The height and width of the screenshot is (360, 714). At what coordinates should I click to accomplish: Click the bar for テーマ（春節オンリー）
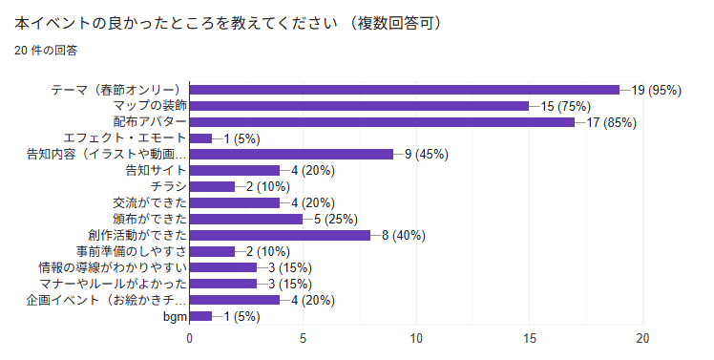405,90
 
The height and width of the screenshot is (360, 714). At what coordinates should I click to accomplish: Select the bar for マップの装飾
359,106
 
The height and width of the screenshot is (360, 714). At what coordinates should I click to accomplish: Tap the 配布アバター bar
382,122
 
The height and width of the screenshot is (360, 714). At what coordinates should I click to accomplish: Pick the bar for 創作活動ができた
280,235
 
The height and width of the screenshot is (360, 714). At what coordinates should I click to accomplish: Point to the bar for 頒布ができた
246,219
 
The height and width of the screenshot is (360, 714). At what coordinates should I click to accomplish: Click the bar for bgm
200,316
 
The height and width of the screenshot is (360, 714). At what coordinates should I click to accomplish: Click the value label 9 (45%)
422,154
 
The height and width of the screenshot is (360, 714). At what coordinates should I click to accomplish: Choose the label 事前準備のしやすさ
130,251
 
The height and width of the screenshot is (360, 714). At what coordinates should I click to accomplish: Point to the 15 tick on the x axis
530,338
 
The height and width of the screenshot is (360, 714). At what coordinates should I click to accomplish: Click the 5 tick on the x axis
304,338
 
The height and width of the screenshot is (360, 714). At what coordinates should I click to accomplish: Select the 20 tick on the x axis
643,338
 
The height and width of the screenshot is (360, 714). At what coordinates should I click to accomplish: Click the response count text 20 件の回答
46,50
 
